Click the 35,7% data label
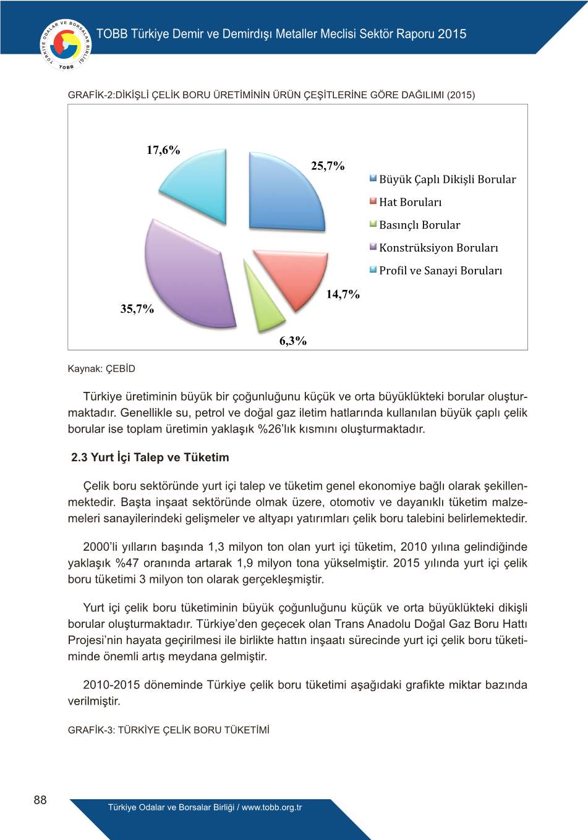(137, 309)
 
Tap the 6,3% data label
(293, 341)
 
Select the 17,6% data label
(163, 150)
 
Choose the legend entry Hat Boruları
(410, 202)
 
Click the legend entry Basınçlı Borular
(419, 225)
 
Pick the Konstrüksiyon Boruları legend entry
(438, 248)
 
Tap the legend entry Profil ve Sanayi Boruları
(440, 271)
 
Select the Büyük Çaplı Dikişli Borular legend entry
(447, 179)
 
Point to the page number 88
(40, 800)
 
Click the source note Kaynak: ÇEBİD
(101, 369)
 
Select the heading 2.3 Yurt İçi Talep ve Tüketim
(150, 457)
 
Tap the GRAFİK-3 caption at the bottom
(169, 730)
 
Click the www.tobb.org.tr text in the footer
(272, 807)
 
